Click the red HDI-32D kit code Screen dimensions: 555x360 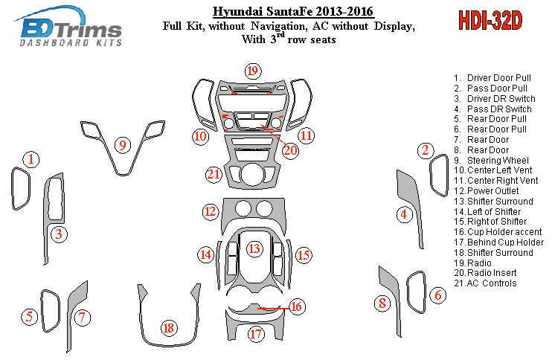pos(490,21)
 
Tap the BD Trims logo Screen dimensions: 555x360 pos(69,27)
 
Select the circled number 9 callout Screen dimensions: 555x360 pos(123,145)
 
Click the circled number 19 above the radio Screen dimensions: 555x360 pos(252,71)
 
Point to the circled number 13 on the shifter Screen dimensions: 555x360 pos(254,249)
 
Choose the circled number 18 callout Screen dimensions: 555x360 pos(169,328)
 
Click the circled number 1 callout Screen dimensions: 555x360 pos(31,159)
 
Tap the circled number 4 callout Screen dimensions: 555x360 pos(404,214)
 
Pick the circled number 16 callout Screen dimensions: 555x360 pos(296,306)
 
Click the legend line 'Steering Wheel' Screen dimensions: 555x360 pos(491,161)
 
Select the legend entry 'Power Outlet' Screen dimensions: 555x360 pos(487,191)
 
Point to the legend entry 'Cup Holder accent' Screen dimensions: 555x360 pos(498,232)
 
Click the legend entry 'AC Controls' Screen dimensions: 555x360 pos(485,283)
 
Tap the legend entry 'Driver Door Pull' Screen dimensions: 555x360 pos(493,78)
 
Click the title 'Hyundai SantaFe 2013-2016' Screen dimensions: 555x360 pos(293,12)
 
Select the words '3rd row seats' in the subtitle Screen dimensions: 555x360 pos(303,38)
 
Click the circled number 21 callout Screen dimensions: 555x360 pos(214,175)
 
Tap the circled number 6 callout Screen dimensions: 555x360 pos(438,295)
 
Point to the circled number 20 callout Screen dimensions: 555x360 pos(290,150)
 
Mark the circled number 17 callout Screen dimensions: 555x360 pos(256,334)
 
